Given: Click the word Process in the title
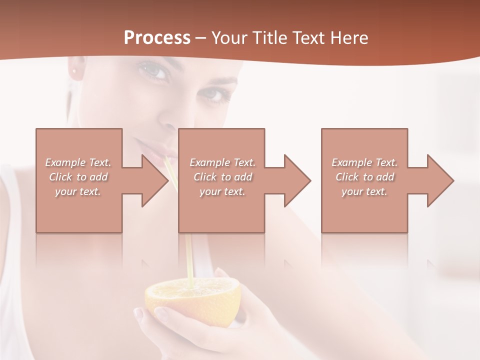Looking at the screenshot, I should pos(157,38).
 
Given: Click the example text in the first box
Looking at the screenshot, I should pos(78,176).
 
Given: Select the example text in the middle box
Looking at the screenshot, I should pos(222,176).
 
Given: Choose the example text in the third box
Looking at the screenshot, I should pos(364,176).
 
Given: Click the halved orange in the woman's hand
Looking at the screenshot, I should pos(192,300).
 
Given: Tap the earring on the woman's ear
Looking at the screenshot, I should pos(76,70).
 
